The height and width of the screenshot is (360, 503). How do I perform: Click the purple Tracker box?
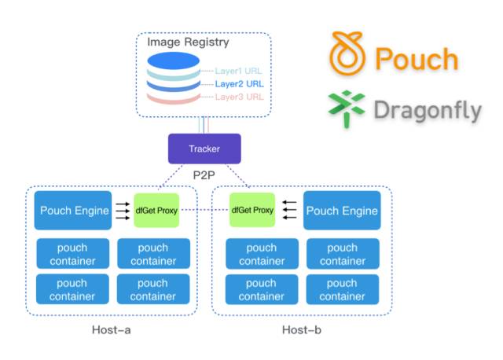[204, 149]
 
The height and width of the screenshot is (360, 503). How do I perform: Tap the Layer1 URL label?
[239, 70]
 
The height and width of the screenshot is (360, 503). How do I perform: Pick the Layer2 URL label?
[239, 83]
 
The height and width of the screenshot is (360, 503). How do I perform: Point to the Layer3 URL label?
[239, 97]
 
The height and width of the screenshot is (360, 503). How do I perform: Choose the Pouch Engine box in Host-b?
[342, 211]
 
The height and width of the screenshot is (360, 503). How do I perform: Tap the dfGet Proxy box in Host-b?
[252, 210]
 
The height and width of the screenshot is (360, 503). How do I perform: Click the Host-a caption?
[111, 329]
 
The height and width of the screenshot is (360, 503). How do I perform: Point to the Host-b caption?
[302, 329]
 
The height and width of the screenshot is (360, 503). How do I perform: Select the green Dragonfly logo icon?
[347, 108]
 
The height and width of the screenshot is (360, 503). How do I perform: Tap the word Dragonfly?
[428, 110]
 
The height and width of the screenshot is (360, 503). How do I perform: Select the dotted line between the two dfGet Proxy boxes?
[205, 210]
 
